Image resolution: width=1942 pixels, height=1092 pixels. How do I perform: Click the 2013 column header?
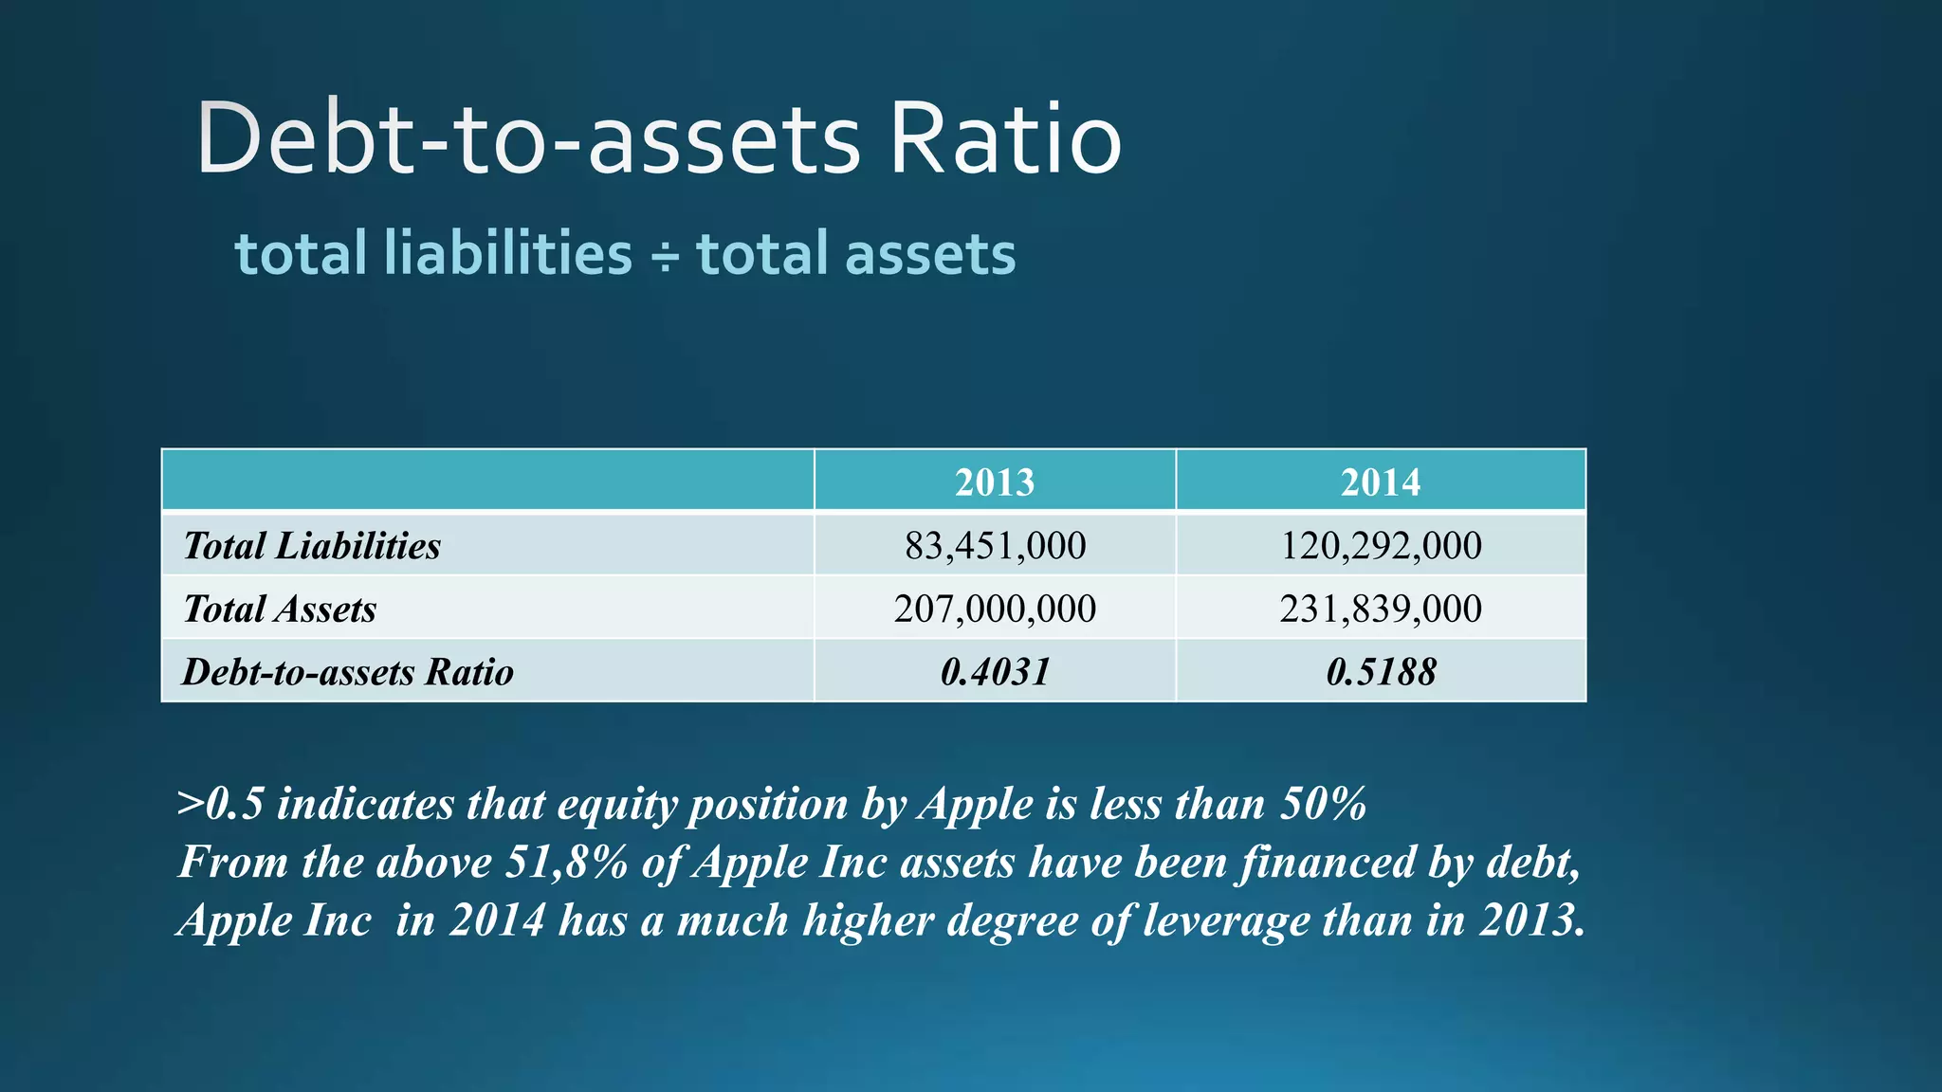point(994,482)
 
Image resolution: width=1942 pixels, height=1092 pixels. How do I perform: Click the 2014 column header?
point(1380,482)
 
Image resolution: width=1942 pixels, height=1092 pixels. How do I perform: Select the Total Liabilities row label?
point(311,545)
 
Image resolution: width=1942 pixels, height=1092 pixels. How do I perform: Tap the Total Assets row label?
point(280,609)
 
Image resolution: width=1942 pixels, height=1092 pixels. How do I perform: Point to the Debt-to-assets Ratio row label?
point(347,671)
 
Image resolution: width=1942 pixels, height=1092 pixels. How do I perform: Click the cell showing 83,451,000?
point(994,545)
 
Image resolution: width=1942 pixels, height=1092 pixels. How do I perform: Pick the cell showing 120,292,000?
point(1380,545)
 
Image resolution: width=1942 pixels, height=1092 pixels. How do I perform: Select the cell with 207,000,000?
point(994,609)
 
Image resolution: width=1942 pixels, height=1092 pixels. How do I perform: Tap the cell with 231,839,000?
point(1380,609)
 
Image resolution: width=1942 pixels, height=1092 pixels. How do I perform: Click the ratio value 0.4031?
point(994,671)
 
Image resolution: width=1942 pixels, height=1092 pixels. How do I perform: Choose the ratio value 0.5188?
point(1380,671)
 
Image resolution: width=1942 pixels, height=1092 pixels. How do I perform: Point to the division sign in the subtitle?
point(665,256)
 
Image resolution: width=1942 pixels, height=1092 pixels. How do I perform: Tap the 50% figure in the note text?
point(1323,804)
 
